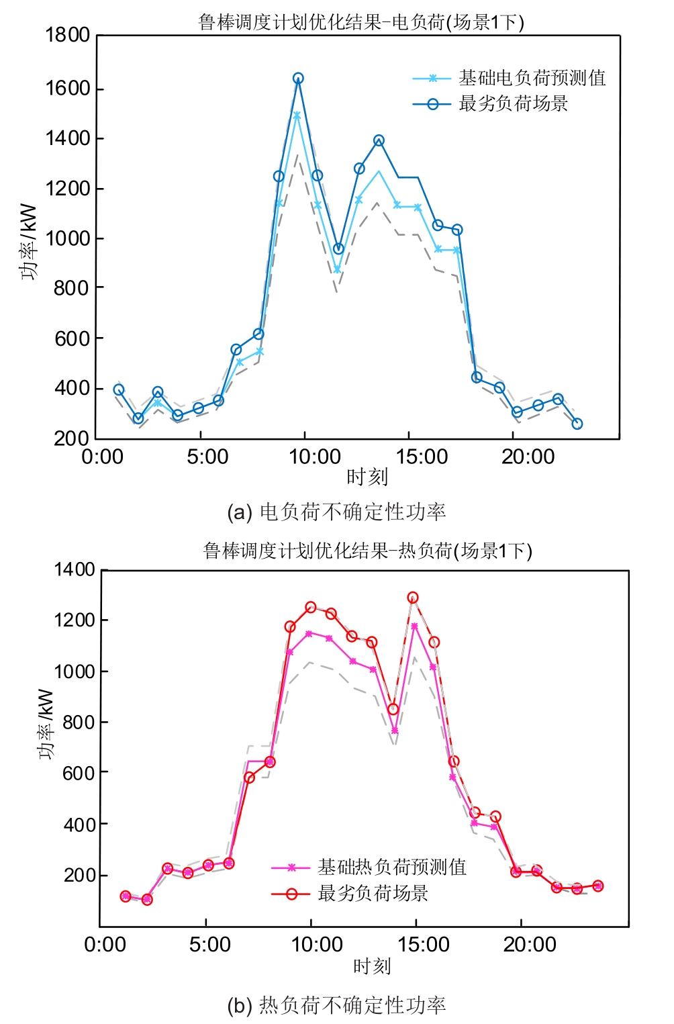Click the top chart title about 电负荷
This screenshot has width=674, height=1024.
coord(361,22)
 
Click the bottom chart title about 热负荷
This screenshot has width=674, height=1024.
coord(367,551)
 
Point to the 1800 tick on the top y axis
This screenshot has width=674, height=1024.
coord(67,35)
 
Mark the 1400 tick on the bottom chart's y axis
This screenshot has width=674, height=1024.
coord(75,569)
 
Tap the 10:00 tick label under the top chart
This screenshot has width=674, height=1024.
coord(315,457)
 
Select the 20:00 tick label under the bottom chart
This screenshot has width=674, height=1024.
coord(530,945)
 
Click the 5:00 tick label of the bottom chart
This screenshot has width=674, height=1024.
coord(210,945)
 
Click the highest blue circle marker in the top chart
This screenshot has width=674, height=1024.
coord(298,79)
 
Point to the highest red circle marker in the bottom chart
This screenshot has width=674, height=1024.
coord(413,598)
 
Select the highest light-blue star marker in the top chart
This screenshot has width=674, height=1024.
coord(297,115)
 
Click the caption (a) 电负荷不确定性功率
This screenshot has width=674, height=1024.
coord(336,512)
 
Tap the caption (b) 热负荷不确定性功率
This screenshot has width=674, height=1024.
coord(336,1005)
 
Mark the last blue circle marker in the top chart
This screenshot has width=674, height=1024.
coord(577,424)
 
